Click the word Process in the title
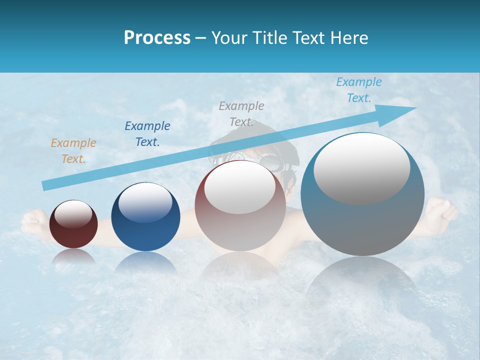(x=157, y=38)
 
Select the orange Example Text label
(x=73, y=151)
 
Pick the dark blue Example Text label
(x=147, y=134)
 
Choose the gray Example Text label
(x=241, y=114)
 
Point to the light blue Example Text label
(x=358, y=90)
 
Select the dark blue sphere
(x=145, y=222)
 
